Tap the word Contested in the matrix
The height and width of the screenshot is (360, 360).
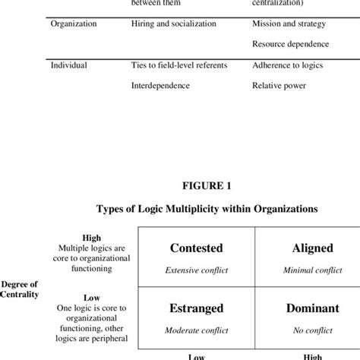coord(196,248)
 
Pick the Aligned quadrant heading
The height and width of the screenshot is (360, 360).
coord(297,248)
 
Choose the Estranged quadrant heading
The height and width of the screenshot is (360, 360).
coord(196,308)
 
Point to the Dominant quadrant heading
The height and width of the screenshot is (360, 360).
coord(297,308)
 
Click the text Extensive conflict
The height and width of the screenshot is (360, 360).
coord(196,270)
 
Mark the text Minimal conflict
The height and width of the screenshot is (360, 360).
coord(297,270)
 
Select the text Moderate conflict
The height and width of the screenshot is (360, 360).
coord(196,331)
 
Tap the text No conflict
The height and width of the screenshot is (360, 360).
coord(297,331)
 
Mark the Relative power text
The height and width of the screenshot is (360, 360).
coord(279,86)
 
